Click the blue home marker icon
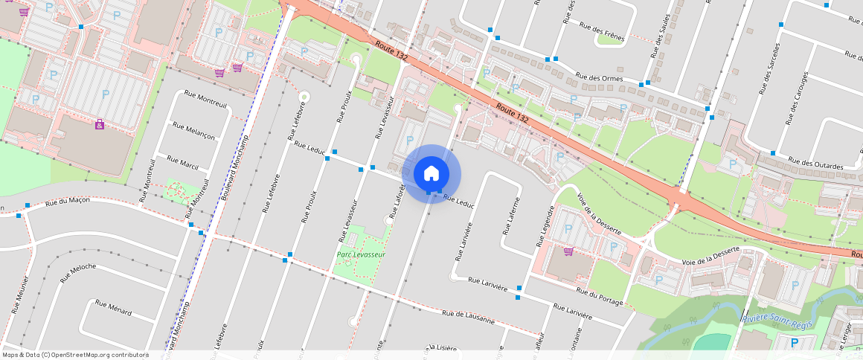(x=431, y=174)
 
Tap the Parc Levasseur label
(x=361, y=254)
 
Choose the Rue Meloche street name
(x=78, y=271)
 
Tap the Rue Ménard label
(x=113, y=308)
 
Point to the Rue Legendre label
(x=546, y=227)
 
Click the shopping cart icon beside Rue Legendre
(x=569, y=251)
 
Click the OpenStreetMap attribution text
(x=76, y=355)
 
